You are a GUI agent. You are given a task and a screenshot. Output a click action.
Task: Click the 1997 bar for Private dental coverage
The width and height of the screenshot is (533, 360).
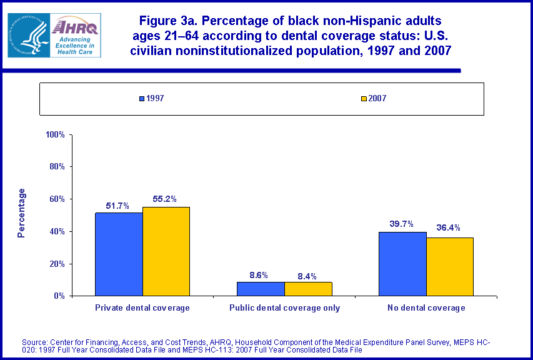pyautogui.click(x=119, y=254)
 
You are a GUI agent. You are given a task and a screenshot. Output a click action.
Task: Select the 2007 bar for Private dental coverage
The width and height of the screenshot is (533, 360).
pyautogui.click(x=166, y=251)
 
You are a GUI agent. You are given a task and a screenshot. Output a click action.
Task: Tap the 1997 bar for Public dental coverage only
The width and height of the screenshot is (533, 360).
pyautogui.click(x=261, y=289)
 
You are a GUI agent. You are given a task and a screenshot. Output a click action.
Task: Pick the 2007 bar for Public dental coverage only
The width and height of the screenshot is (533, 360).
pyautogui.click(x=308, y=289)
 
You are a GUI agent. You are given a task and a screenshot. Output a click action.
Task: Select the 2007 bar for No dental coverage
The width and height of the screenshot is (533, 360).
pyautogui.click(x=450, y=266)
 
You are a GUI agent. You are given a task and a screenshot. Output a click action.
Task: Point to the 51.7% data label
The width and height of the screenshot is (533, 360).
pyautogui.click(x=119, y=204)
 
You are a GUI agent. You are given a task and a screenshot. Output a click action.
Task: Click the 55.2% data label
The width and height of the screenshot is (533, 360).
pyautogui.click(x=165, y=199)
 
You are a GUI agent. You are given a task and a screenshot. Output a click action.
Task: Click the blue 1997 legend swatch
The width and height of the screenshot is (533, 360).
pyautogui.click(x=142, y=99)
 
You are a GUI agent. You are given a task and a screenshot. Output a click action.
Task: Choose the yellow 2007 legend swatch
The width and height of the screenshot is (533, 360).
pyautogui.click(x=363, y=99)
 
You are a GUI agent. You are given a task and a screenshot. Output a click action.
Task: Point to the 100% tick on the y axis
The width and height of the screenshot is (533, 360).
pyautogui.click(x=56, y=134)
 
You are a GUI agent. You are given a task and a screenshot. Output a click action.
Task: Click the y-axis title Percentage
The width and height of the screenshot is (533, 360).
pyautogui.click(x=21, y=213)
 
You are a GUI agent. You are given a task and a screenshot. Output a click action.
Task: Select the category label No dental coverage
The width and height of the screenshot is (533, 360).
pyautogui.click(x=426, y=308)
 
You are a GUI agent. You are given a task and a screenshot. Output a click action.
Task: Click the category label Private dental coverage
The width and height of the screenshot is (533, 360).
pyautogui.click(x=142, y=308)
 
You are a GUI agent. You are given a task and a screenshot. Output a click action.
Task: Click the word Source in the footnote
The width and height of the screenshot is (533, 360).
pyautogui.click(x=35, y=342)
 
